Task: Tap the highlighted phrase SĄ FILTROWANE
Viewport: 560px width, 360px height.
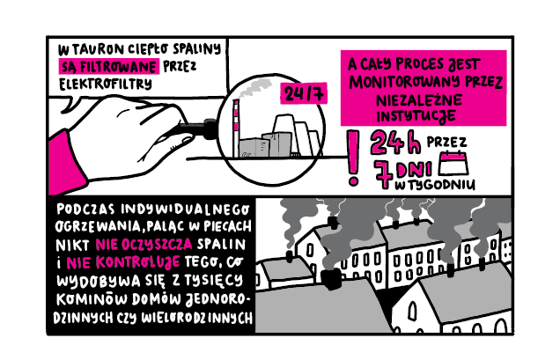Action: [x=109, y=66]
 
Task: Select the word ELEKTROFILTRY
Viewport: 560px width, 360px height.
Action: [x=106, y=84]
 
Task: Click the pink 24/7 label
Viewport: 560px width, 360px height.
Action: [x=304, y=93]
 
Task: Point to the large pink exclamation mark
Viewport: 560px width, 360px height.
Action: [x=353, y=158]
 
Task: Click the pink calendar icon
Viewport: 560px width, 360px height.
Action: [x=453, y=163]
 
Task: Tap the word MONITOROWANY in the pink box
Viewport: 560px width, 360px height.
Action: [x=405, y=83]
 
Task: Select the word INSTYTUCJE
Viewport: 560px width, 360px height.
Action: [x=416, y=116]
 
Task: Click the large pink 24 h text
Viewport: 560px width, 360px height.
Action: [x=396, y=143]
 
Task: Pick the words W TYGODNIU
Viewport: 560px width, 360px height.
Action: [x=435, y=185]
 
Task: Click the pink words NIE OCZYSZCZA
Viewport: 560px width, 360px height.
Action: [x=144, y=245]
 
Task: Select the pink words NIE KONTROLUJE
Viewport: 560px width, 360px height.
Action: [x=123, y=263]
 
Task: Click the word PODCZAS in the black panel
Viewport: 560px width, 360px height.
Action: [x=85, y=209]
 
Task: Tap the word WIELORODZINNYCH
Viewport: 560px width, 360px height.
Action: [x=197, y=318]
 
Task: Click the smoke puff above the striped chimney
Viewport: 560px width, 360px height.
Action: [x=254, y=87]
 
